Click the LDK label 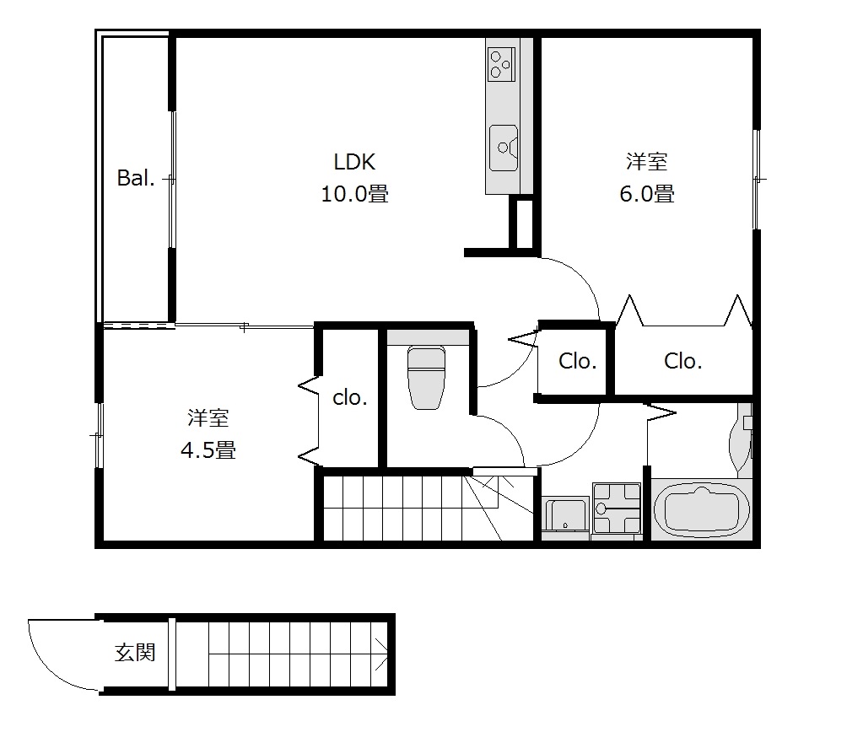[354, 162]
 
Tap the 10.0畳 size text [354, 194]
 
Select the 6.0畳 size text [647, 194]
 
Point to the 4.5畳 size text [208, 450]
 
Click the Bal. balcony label [135, 178]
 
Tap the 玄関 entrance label [135, 652]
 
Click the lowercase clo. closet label [349, 397]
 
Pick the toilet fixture [426, 378]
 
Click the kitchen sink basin [504, 148]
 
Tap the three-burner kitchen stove [501, 64]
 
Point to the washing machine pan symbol [617, 508]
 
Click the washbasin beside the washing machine [565, 514]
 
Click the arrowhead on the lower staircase [381, 654]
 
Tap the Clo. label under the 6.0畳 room [682, 361]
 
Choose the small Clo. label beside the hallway [577, 361]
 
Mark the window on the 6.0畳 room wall [757, 180]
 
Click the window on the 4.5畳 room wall [99, 435]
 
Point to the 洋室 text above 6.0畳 [647, 161]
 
